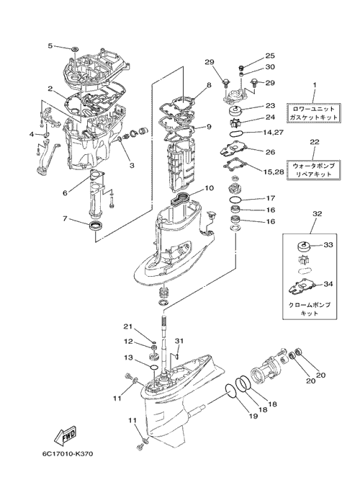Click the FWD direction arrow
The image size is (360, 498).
pos(65,437)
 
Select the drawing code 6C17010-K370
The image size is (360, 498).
pos(67,454)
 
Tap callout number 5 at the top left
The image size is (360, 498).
pos(50,45)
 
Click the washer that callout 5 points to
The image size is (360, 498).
pos(75,50)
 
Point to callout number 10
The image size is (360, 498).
pos(210,187)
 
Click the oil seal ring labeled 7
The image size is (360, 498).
pos(95,226)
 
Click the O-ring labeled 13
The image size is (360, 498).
pos(153,368)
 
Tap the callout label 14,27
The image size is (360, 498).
pos(272,132)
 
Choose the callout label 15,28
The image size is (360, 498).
pos(274,172)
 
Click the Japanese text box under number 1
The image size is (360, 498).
pos(313,112)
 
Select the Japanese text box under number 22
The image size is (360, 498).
pos(313,170)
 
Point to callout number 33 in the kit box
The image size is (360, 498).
pos(328,245)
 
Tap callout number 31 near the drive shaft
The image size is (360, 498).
pos(179,341)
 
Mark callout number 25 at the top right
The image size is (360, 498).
pos(270,56)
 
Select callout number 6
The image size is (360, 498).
pos(65,192)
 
